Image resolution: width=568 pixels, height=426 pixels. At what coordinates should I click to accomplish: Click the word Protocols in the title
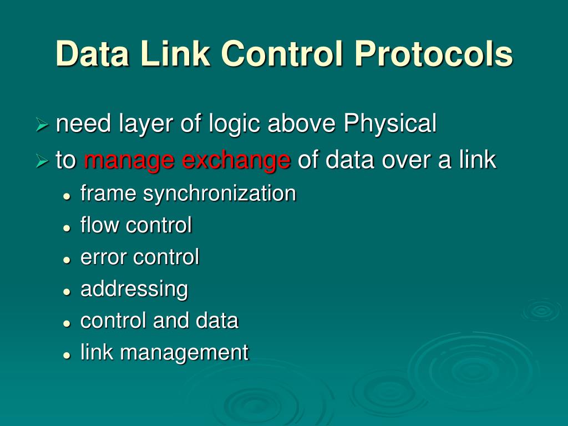click(434, 54)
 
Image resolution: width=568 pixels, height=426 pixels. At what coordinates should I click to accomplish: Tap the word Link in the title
click(175, 54)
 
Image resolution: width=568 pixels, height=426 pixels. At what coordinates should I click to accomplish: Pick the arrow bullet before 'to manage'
click(42, 162)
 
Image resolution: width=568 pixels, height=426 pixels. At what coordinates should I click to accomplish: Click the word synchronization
click(220, 194)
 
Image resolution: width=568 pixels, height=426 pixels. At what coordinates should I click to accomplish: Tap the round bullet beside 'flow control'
click(67, 227)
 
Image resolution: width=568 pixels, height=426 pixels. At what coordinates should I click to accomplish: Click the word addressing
click(134, 290)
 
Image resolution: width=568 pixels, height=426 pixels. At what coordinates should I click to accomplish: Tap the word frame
click(109, 194)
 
